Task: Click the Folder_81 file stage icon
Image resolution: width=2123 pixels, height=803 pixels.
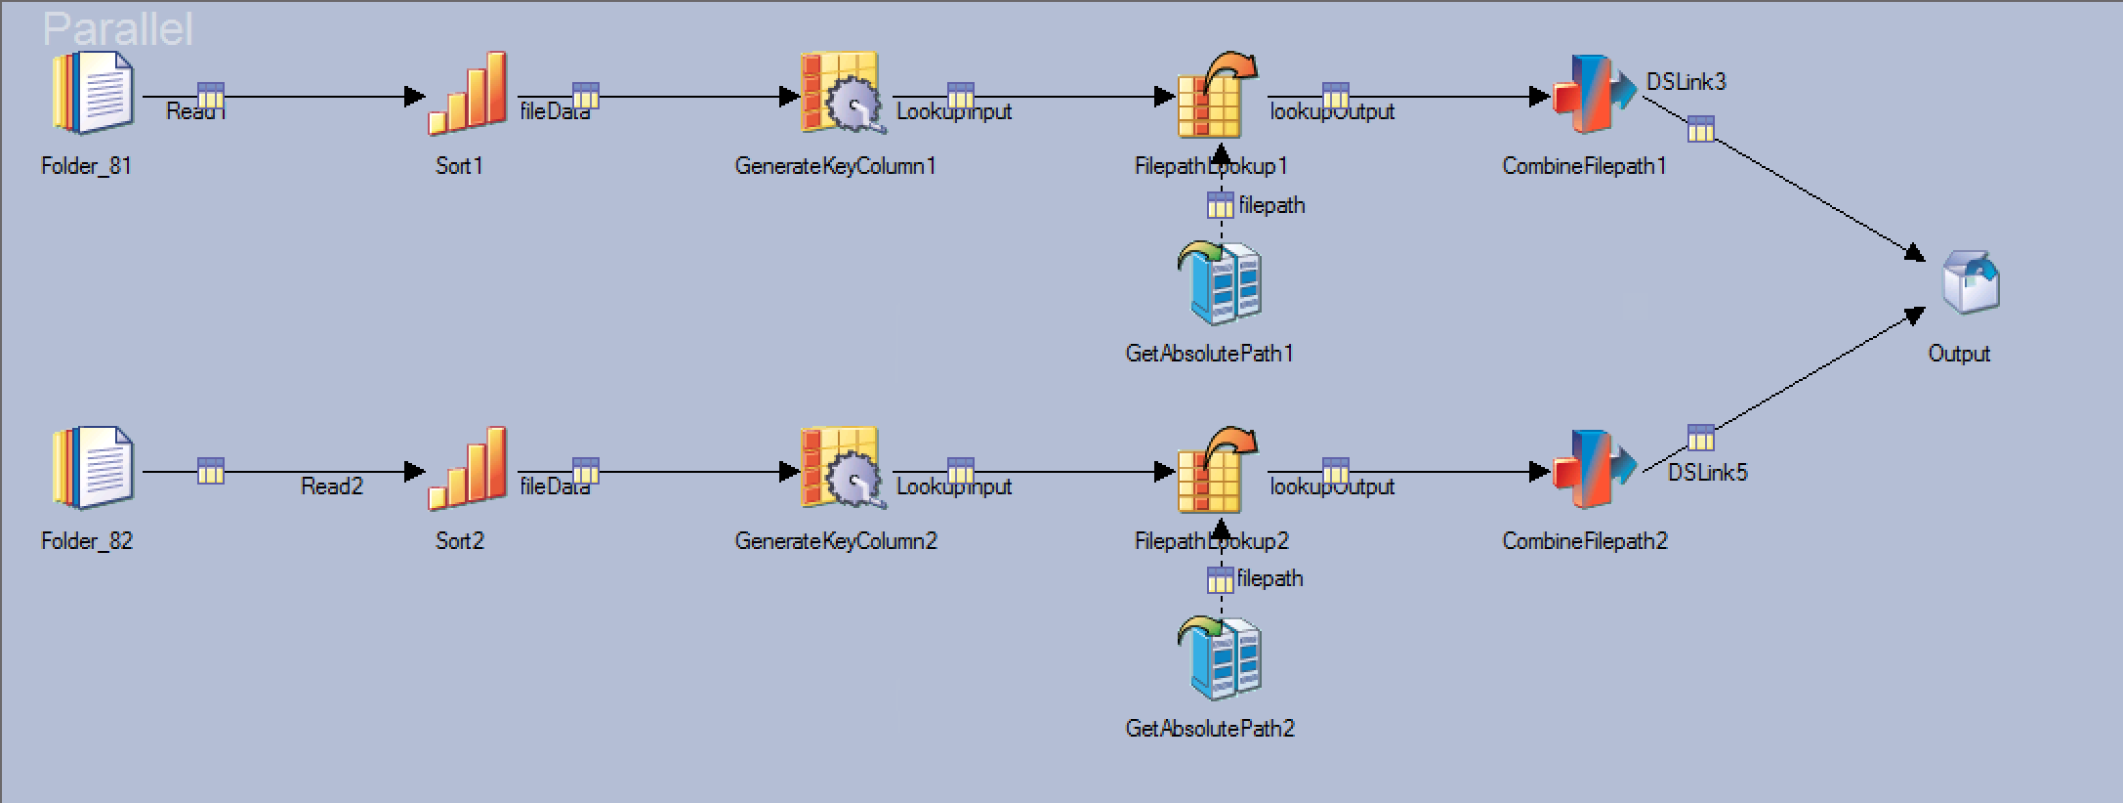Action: [93, 94]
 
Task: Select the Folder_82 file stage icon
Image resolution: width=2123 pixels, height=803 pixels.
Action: [93, 469]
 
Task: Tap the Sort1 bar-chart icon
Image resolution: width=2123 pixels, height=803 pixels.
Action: [468, 94]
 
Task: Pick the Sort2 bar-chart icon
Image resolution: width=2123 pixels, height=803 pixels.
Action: [468, 469]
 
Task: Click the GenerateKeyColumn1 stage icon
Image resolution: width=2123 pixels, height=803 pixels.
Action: [841, 94]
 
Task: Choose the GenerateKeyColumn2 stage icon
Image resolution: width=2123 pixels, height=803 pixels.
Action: [841, 469]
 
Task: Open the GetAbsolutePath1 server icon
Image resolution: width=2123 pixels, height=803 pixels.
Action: [1221, 283]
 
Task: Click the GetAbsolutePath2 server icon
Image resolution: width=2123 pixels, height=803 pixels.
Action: [1221, 658]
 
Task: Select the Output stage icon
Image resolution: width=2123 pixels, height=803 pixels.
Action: [1970, 283]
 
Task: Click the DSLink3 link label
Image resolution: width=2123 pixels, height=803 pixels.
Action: [1686, 82]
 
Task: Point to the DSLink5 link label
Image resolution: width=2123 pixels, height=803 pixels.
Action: [1707, 473]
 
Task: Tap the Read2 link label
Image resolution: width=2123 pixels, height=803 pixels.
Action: [332, 486]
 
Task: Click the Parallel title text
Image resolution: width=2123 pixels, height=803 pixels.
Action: [117, 29]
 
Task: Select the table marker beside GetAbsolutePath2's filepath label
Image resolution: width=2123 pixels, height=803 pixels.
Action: [1221, 580]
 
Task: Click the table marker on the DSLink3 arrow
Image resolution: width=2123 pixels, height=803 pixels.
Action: [1701, 129]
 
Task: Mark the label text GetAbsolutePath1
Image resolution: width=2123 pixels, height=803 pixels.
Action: [1209, 354]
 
